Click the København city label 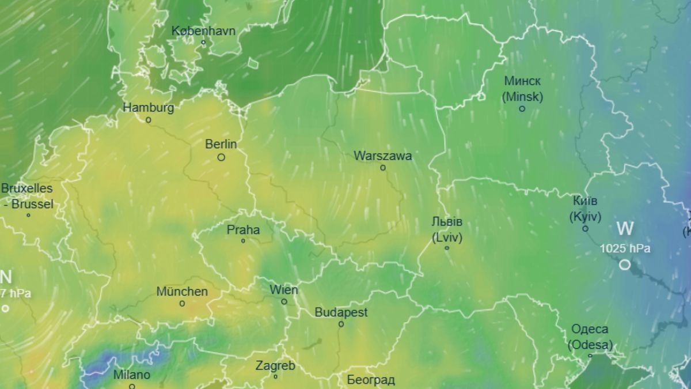tap(203, 31)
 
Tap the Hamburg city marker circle tap(148, 120)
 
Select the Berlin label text tap(221, 144)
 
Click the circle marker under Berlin tap(221, 157)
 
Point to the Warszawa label tap(383, 156)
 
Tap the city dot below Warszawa tap(383, 168)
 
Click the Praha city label tap(243, 230)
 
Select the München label tap(182, 292)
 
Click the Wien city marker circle tap(284, 301)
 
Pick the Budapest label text tap(341, 312)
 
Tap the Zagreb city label tap(275, 365)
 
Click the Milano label tap(132, 375)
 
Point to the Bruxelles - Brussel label tap(27, 196)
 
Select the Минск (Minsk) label tap(522, 89)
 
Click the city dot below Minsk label tap(522, 108)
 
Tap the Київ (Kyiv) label tap(585, 209)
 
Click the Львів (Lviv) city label tap(447, 229)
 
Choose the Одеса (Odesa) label tap(590, 337)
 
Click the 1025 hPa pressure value tap(625, 249)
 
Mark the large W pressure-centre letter tap(625, 228)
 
